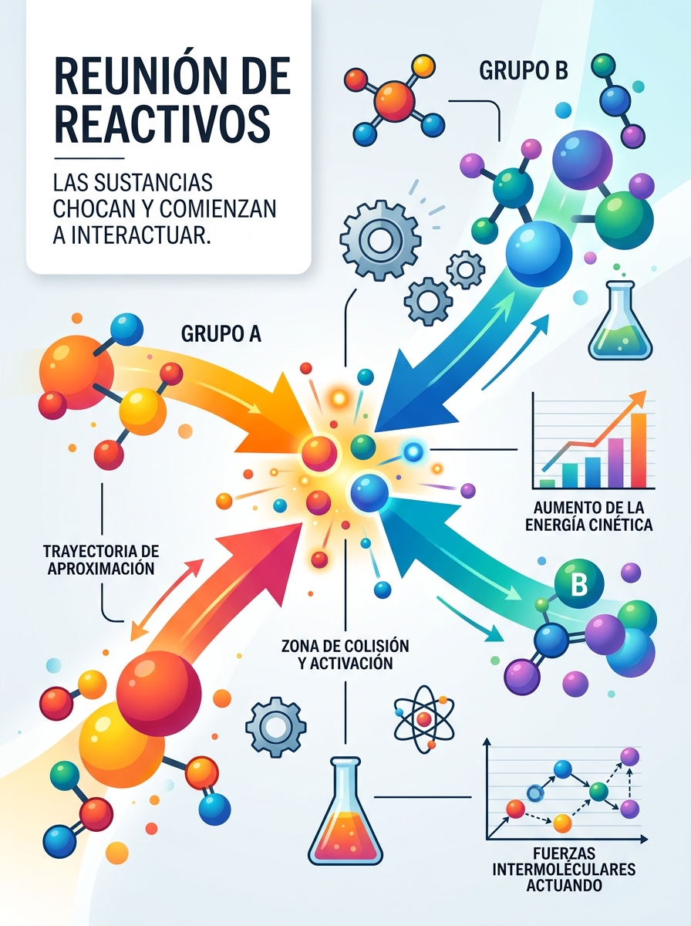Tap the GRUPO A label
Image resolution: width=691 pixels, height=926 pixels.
221,334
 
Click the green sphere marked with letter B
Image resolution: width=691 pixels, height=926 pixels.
579,583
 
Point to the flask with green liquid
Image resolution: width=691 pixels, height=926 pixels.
620,326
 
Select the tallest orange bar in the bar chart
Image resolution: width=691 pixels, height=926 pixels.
639,450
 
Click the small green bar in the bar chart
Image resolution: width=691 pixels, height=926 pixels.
548,484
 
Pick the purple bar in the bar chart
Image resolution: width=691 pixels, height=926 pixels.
615,463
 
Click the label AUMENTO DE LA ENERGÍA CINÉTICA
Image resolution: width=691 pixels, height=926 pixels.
589,516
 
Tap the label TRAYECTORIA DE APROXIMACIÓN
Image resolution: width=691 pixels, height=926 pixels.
101,559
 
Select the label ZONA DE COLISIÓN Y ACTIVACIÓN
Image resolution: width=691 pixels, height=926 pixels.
345,654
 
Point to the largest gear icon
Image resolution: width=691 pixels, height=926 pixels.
380,240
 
